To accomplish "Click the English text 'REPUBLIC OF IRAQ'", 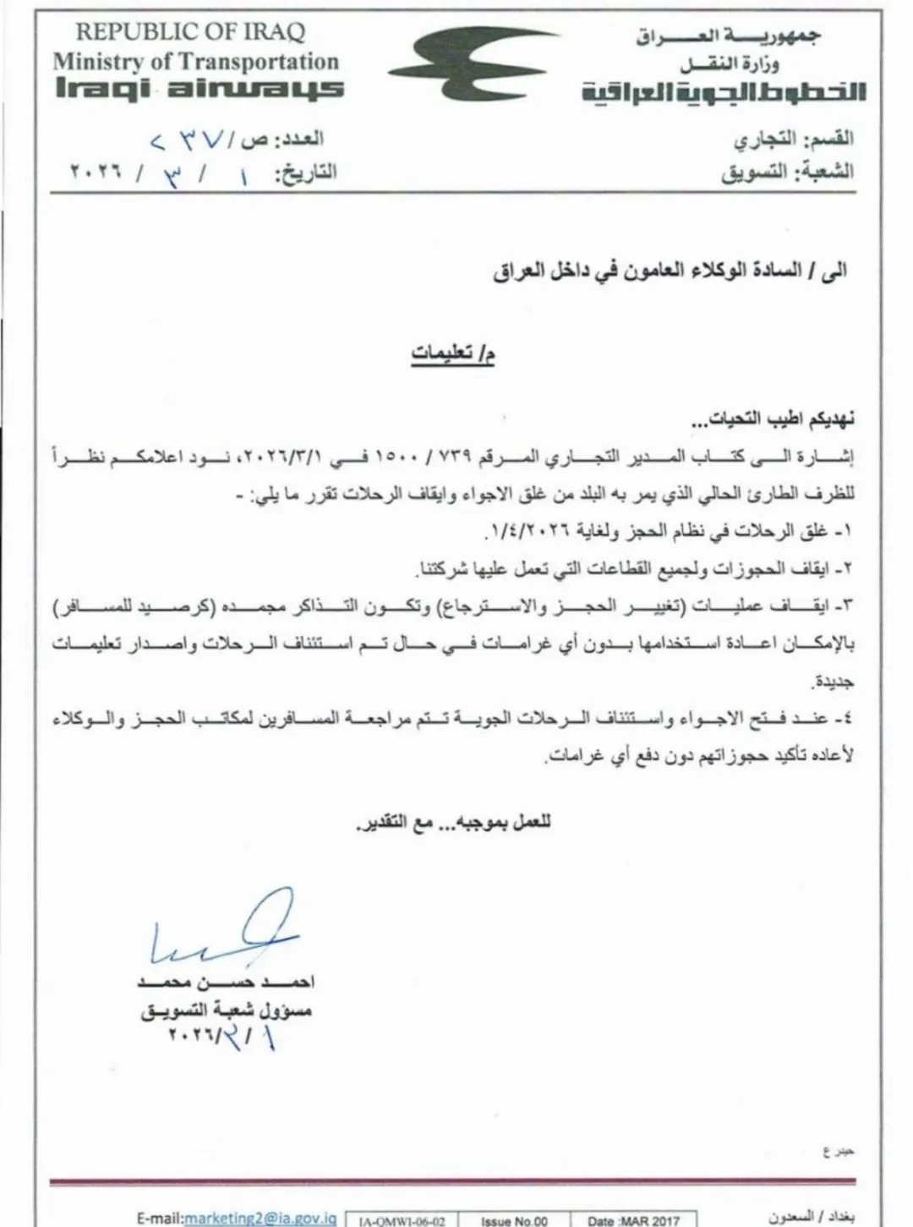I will (x=190, y=33).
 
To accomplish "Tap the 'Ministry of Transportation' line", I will (x=195, y=61).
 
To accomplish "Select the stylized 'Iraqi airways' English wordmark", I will (x=200, y=89).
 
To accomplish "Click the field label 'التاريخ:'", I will (x=305, y=173).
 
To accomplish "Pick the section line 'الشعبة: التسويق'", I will (x=787, y=173).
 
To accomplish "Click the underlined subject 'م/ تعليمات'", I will (x=453, y=353).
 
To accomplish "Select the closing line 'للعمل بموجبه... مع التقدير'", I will (x=453, y=822).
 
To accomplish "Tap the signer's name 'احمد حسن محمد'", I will (x=226, y=983).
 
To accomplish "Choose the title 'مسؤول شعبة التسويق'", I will (x=226, y=1010).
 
